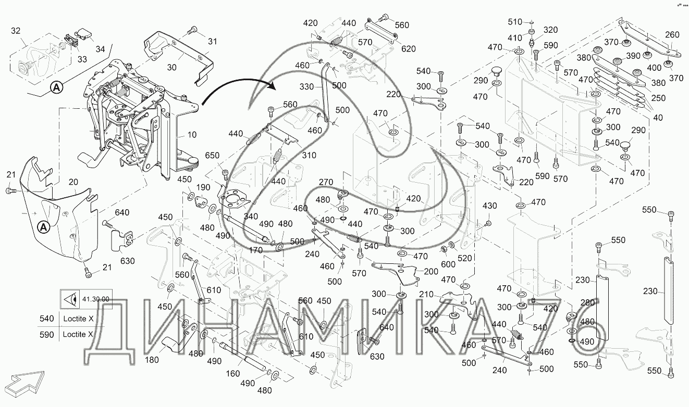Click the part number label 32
click(17, 31)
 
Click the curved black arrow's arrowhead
click(270, 86)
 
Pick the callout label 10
click(192, 135)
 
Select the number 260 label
click(672, 35)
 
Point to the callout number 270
click(325, 182)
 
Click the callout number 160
click(232, 373)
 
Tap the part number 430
click(490, 206)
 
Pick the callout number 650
click(212, 156)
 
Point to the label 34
click(100, 49)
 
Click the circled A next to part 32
click(56, 89)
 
